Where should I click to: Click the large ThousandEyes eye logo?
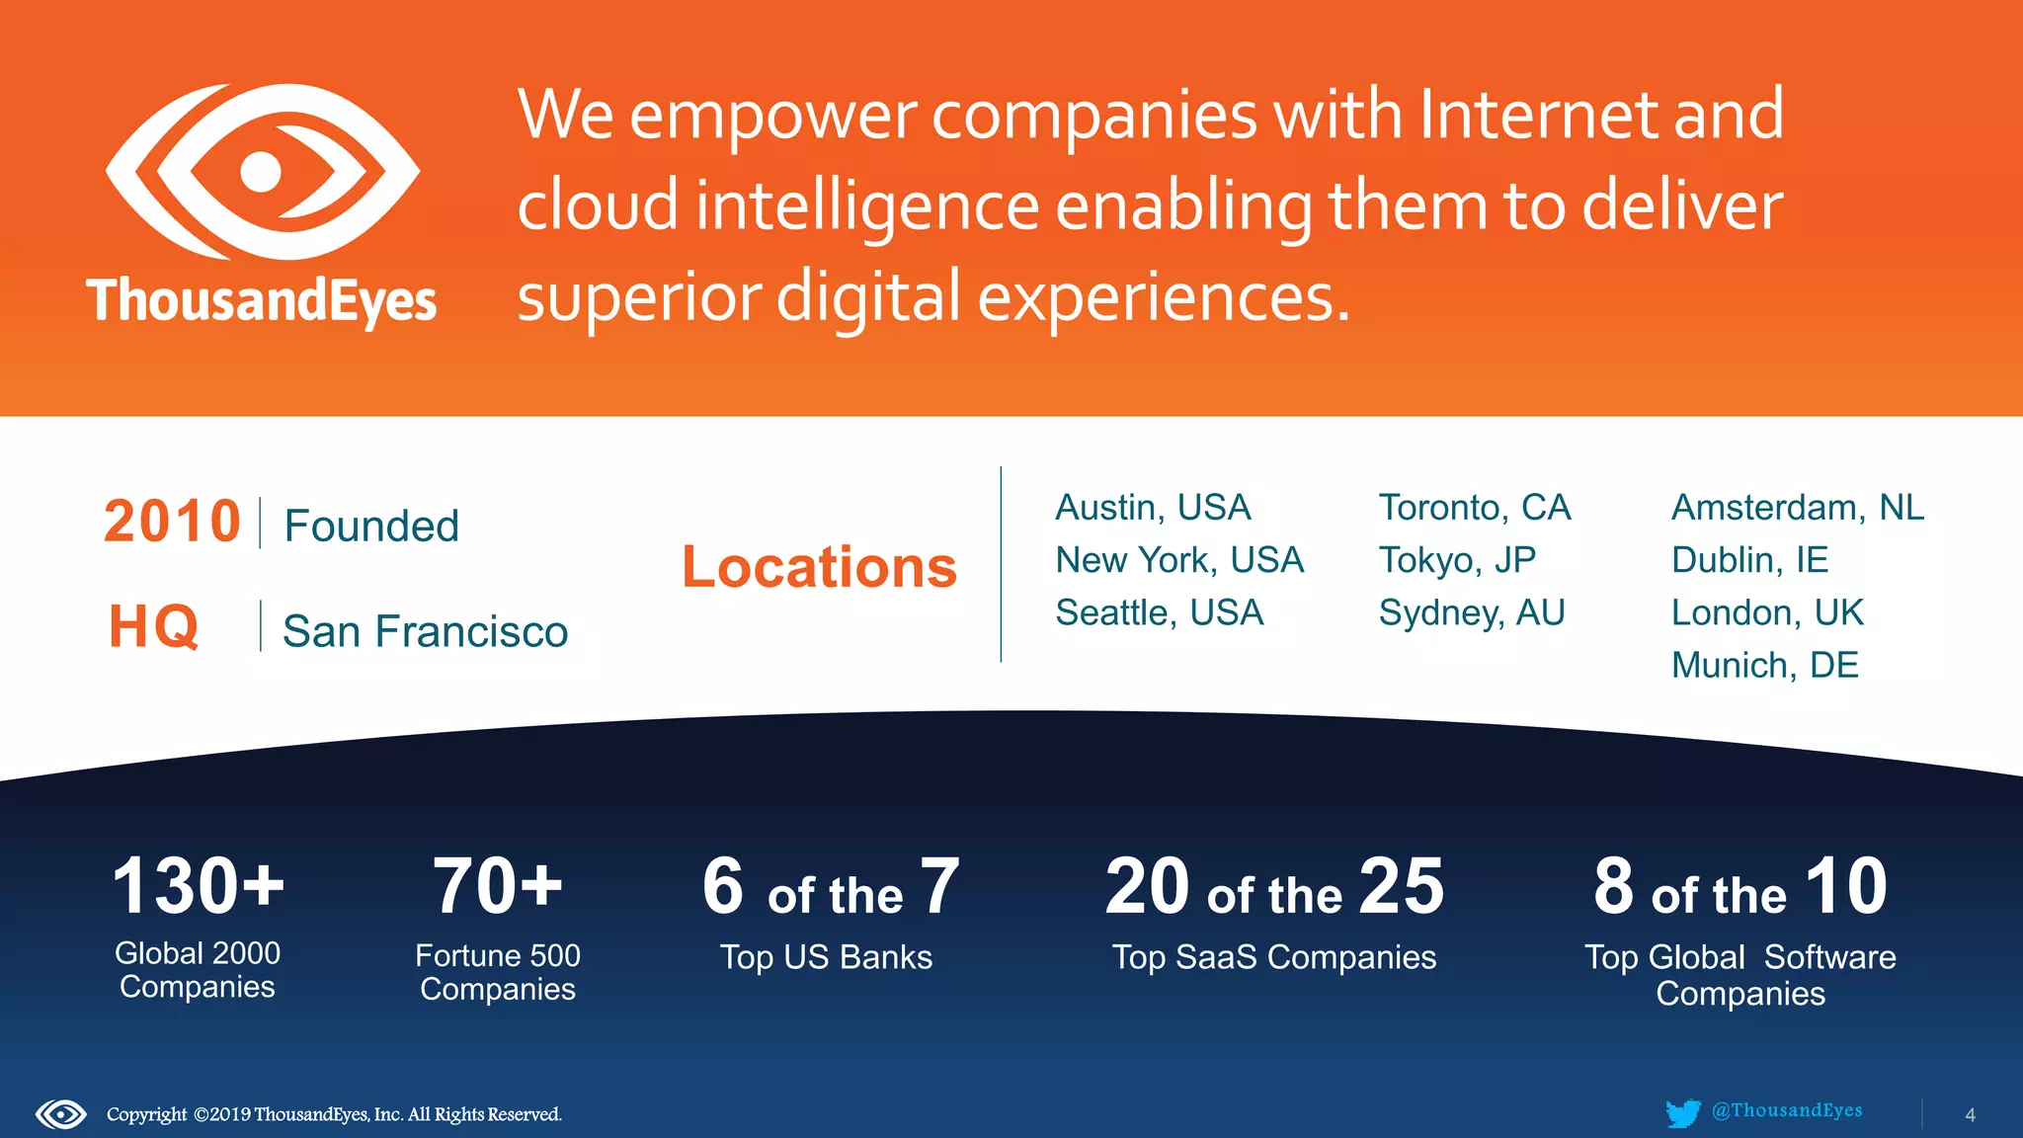(x=263, y=171)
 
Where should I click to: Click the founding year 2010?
(x=173, y=522)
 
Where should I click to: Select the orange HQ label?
(x=154, y=626)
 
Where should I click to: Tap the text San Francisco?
(x=425, y=631)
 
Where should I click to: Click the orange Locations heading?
(x=819, y=567)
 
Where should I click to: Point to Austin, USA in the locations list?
(x=1153, y=508)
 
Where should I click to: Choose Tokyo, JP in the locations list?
(x=1457, y=560)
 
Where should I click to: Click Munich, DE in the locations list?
(x=1764, y=665)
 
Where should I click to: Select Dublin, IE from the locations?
(x=1749, y=560)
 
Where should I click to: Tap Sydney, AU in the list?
(x=1472, y=612)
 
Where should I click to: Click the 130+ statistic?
(x=198, y=886)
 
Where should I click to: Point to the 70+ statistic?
(x=498, y=886)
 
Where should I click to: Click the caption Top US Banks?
(x=826, y=957)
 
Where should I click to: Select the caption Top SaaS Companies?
(x=1274, y=957)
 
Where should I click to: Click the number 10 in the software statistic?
(x=1846, y=886)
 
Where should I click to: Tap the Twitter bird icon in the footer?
(x=1682, y=1113)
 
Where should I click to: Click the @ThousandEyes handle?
(x=1787, y=1110)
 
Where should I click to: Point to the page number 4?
(x=1970, y=1115)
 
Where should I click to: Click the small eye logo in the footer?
(x=61, y=1114)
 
